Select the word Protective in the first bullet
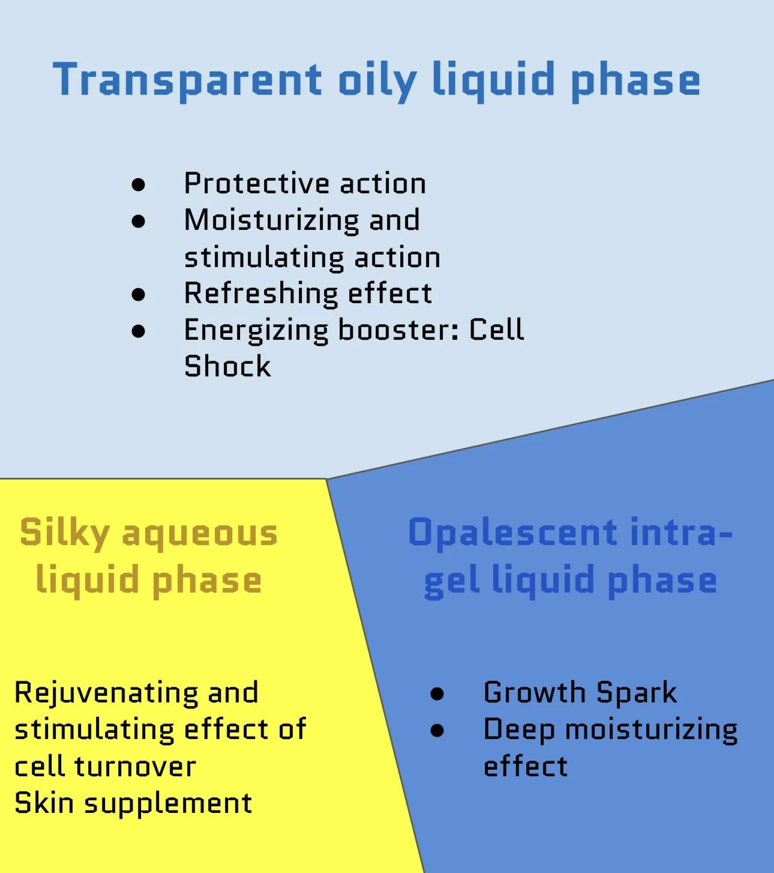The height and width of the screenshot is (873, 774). pos(257,184)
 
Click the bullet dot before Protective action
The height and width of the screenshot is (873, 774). pos(139,184)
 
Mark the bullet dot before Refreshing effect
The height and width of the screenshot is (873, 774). pos(139,295)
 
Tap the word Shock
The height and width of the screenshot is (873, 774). pos(227,367)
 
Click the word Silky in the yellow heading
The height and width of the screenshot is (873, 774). pos(65,534)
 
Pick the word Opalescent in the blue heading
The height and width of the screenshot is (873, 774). pos(513,533)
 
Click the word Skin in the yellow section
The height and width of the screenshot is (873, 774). pos(44,803)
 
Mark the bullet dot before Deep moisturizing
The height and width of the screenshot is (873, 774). pos(437,730)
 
